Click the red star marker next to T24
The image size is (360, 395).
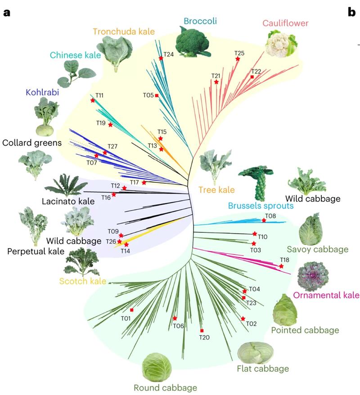(x=161, y=58)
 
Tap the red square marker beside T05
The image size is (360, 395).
(x=157, y=95)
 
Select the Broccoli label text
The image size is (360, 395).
(x=200, y=21)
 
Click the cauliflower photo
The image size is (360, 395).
(x=281, y=44)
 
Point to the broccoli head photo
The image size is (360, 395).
(x=193, y=42)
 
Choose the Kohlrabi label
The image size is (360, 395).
(x=42, y=92)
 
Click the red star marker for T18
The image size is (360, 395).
(x=281, y=266)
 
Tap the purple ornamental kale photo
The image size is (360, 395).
(x=313, y=277)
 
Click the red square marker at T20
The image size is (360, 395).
(x=202, y=331)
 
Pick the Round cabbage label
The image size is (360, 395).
(x=166, y=388)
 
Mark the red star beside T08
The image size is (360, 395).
(x=264, y=220)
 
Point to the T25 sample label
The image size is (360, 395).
(x=239, y=53)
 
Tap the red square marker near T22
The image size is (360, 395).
(x=252, y=77)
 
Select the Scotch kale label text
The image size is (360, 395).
(x=82, y=281)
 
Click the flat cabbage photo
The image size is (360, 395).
(x=256, y=353)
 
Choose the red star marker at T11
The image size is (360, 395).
(x=93, y=100)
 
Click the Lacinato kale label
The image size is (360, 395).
(x=68, y=201)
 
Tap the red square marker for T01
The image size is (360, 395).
(x=132, y=310)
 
